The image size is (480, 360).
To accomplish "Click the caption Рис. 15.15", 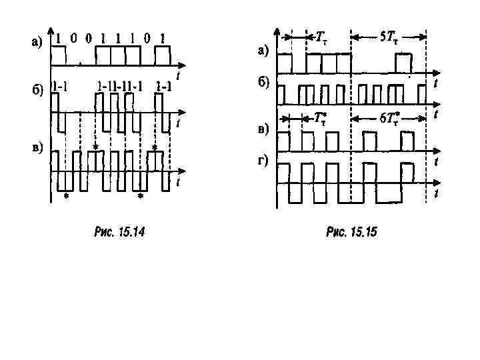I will click(351, 232).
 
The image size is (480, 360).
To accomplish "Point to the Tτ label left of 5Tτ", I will click(322, 37).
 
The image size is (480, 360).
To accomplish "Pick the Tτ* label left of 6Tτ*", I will click(321, 119).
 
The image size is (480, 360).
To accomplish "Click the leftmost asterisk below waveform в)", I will click(65, 197).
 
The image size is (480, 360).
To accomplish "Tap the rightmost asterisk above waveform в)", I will click(155, 147).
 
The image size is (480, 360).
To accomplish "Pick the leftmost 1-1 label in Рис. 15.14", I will click(63, 85).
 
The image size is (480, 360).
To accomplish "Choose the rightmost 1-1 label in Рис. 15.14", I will click(163, 85).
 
